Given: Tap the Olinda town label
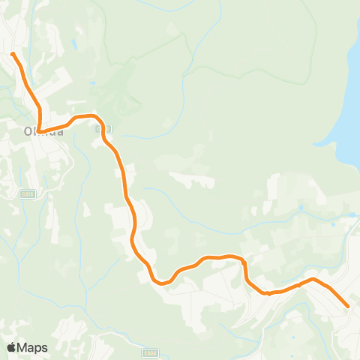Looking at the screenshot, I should (x=40, y=132).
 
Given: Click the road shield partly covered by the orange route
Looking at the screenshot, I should (x=99, y=128).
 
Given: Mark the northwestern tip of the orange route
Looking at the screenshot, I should (x=13, y=53).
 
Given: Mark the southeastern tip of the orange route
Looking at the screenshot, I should (x=348, y=305).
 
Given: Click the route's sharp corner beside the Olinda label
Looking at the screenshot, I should (x=39, y=132).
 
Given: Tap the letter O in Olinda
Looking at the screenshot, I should (x=28, y=132).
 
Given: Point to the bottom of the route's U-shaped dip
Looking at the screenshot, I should (x=162, y=283).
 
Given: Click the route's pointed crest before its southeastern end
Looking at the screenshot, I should (x=313, y=279).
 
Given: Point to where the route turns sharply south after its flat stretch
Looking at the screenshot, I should (x=244, y=261).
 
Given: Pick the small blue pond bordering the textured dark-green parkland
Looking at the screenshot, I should (x=91, y=82).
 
